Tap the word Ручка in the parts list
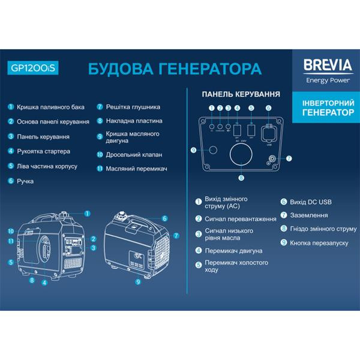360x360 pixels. [25, 181]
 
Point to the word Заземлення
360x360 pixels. [308, 215]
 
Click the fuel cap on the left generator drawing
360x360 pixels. [65, 212]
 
